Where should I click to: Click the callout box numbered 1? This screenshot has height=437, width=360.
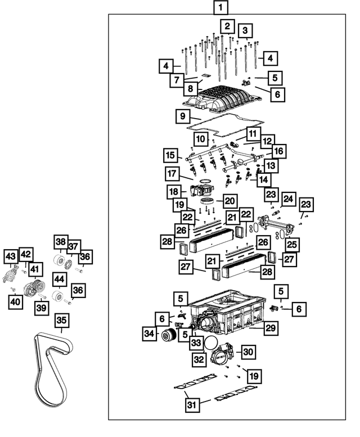pyautogui.click(x=221, y=8)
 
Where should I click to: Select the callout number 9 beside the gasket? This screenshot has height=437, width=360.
pyautogui.click(x=182, y=118)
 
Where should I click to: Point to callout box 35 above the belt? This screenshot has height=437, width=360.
pyautogui.click(x=61, y=321)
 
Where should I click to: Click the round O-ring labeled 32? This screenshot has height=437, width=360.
pyautogui.click(x=211, y=344)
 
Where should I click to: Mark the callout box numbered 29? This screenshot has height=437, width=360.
pyautogui.click(x=272, y=328)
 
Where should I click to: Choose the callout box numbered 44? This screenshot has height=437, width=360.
pyautogui.click(x=60, y=278)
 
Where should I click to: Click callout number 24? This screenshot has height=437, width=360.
pyautogui.click(x=289, y=199)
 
